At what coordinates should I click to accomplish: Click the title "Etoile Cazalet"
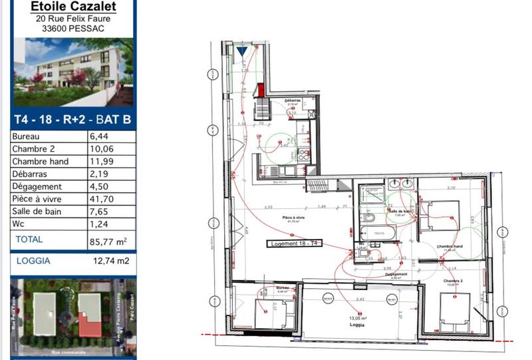pos(73,7)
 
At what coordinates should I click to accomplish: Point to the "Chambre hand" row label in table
pos(40,161)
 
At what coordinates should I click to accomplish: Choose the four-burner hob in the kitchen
pos(303,156)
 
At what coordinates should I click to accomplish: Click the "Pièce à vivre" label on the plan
pos(293,218)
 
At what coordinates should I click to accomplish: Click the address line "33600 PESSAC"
pos(73,29)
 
